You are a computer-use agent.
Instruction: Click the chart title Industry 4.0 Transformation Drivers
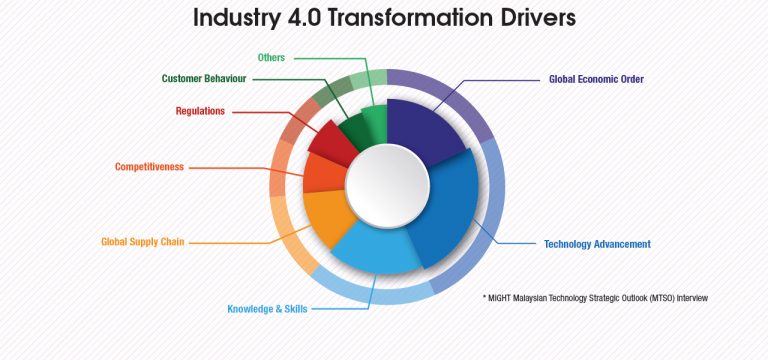(384, 19)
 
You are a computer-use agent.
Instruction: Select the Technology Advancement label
(597, 244)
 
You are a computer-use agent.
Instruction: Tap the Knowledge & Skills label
(267, 309)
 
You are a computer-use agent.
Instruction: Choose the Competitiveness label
(149, 167)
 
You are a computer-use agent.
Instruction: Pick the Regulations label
(200, 111)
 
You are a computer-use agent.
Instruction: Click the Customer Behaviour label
(204, 78)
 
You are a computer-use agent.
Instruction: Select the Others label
(271, 57)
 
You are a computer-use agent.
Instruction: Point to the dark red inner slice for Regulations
(334, 142)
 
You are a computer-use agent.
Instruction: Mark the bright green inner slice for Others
(375, 120)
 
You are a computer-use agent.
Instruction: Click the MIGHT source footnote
(595, 297)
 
